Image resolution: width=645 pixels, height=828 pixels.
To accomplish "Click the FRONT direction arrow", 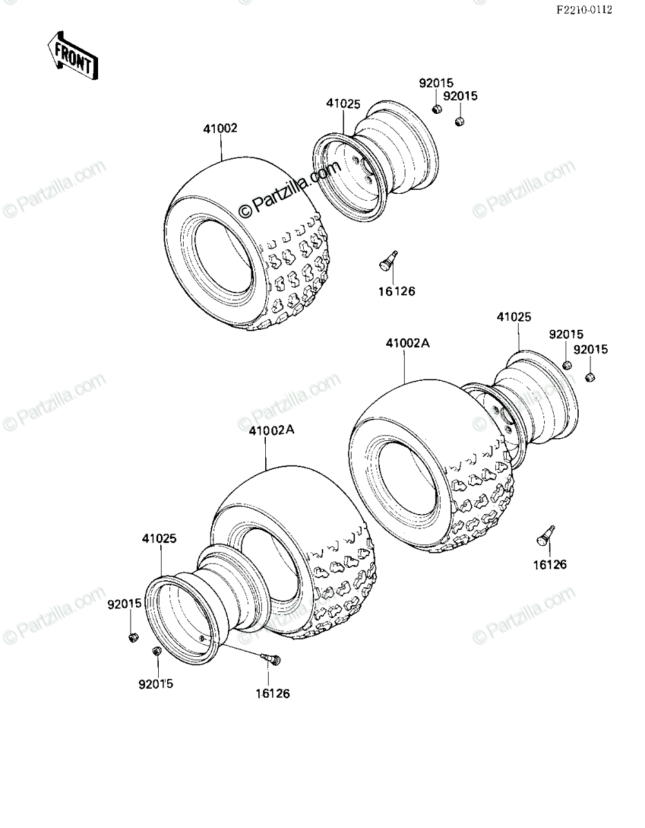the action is point(73,56).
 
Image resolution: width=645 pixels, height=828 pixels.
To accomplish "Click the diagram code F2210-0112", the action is point(584,10).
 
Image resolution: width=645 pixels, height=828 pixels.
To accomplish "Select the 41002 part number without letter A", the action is point(220,128).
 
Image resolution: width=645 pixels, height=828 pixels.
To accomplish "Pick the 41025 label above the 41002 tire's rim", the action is point(343,104).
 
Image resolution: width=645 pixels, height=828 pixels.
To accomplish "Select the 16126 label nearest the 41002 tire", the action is point(396,292).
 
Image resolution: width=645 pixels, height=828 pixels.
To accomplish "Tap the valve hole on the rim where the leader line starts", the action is point(202,639).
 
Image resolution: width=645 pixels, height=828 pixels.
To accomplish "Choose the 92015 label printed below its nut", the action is point(156,684).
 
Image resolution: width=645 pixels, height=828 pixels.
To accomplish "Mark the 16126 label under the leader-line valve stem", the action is point(273,693).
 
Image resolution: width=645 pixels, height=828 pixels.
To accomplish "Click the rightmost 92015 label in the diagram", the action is point(590,349).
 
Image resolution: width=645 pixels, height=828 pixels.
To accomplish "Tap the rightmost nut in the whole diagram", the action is point(590,377).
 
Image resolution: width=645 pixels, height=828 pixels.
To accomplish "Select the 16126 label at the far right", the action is point(550,564).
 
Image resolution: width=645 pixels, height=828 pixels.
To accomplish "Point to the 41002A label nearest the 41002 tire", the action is point(407,344).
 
